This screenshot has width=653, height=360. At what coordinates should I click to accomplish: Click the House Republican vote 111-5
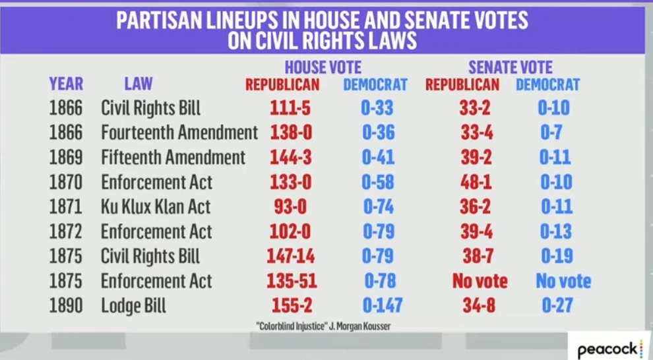[x=290, y=107]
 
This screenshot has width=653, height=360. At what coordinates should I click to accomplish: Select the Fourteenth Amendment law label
[x=179, y=133]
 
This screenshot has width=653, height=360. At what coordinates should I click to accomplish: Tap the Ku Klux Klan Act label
[x=156, y=206]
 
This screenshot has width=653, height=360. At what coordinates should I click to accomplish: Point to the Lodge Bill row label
[x=133, y=306]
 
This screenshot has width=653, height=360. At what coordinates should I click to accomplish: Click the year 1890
[x=66, y=306]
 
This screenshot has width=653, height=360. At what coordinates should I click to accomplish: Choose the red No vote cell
[x=480, y=282]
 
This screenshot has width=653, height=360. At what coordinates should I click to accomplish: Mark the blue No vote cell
[x=563, y=282]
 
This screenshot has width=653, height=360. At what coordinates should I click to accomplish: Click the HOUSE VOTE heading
[x=323, y=67]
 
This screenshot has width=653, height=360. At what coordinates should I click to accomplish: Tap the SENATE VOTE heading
[x=511, y=67]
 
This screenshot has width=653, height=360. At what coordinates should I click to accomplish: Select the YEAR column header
[x=66, y=84]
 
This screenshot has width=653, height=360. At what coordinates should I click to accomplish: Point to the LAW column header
[x=139, y=84]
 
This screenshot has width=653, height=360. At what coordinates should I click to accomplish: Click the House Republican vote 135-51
[x=292, y=282]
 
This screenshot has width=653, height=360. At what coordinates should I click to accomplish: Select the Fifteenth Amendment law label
[x=173, y=158]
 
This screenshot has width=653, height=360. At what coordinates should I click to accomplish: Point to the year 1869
[x=66, y=158]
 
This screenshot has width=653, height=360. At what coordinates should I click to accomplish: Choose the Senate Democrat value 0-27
[x=555, y=306]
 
